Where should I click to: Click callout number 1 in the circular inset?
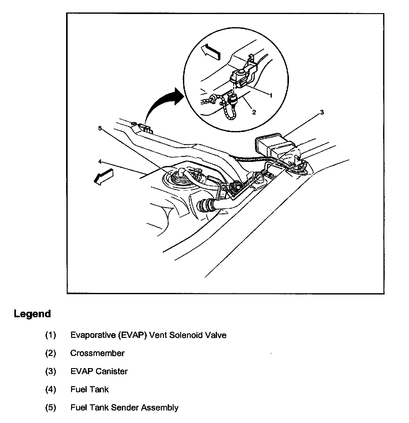(271, 95)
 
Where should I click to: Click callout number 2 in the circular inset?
(254, 112)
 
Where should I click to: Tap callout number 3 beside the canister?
(322, 112)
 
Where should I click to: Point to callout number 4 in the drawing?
(100, 162)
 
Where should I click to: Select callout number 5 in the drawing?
(100, 128)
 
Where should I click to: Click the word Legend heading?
(32, 314)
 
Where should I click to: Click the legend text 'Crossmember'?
(97, 353)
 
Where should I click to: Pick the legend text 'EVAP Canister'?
(99, 371)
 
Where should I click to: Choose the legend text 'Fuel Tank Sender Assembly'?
(124, 407)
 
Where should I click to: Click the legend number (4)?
(51, 389)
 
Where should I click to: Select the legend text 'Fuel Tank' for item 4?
(89, 389)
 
